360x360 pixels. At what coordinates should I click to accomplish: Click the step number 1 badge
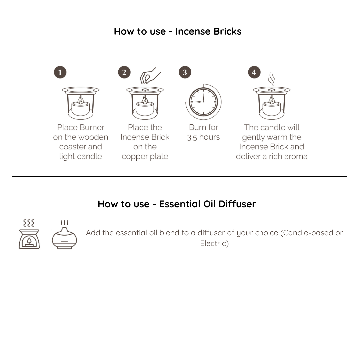tap(60, 72)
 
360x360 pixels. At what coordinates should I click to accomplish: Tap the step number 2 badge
tap(124, 72)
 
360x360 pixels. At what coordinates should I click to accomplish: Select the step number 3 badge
tap(185, 72)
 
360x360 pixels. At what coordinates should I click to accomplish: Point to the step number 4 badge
tap(254, 72)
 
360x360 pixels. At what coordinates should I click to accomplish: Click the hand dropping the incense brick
tap(149, 76)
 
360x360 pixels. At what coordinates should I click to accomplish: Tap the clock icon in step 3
tap(203, 102)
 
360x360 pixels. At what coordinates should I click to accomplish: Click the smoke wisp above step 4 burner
tap(272, 79)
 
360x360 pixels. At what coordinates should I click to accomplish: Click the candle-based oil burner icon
tap(29, 234)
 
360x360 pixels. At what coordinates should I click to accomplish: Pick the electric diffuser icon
tap(64, 235)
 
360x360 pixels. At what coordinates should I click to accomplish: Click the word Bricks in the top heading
tap(227, 31)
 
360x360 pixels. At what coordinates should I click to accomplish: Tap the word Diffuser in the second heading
tap(237, 204)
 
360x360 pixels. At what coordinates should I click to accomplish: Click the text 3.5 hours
tap(203, 137)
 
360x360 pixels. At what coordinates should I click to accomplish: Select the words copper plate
tap(145, 157)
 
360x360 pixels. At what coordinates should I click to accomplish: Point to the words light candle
tap(81, 157)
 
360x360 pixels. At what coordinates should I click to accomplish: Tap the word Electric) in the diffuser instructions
tap(214, 243)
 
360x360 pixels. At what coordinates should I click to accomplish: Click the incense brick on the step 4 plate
tap(272, 90)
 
